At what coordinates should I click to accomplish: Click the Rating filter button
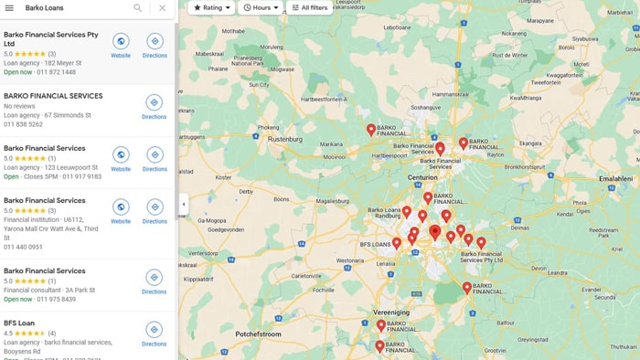click(211, 7)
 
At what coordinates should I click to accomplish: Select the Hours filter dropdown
click(261, 7)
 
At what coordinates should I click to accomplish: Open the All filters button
click(309, 7)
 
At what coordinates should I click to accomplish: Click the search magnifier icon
click(138, 7)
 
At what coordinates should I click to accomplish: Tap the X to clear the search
click(162, 7)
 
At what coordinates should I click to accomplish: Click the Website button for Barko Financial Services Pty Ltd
click(121, 45)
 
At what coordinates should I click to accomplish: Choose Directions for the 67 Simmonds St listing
click(155, 106)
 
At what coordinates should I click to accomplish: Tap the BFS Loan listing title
click(18, 323)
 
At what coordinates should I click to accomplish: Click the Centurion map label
click(422, 176)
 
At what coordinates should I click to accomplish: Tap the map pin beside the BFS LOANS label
click(397, 243)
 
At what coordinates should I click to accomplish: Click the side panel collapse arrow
click(183, 204)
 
